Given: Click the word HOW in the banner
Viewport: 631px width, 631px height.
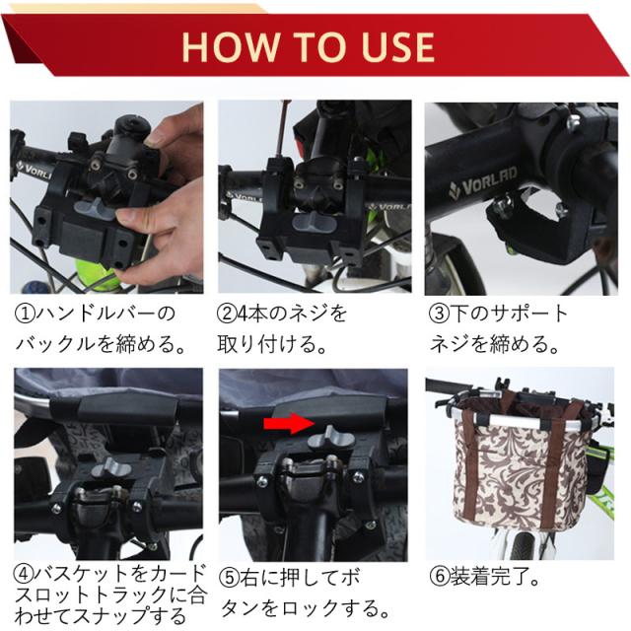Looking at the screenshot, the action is (x=231, y=46).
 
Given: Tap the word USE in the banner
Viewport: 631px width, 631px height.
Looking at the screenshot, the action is (x=398, y=46).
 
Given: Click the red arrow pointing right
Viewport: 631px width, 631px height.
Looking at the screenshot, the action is (x=289, y=424).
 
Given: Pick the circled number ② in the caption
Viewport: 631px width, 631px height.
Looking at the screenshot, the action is (x=227, y=314).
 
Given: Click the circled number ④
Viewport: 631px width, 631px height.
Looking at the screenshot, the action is (x=23, y=574).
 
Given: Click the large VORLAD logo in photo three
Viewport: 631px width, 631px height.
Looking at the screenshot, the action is (x=482, y=183).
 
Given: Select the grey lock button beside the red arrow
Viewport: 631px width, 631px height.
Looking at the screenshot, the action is (x=331, y=438).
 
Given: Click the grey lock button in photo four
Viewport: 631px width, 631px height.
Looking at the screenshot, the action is (x=110, y=468).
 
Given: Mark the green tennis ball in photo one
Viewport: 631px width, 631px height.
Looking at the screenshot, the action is (x=97, y=275).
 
